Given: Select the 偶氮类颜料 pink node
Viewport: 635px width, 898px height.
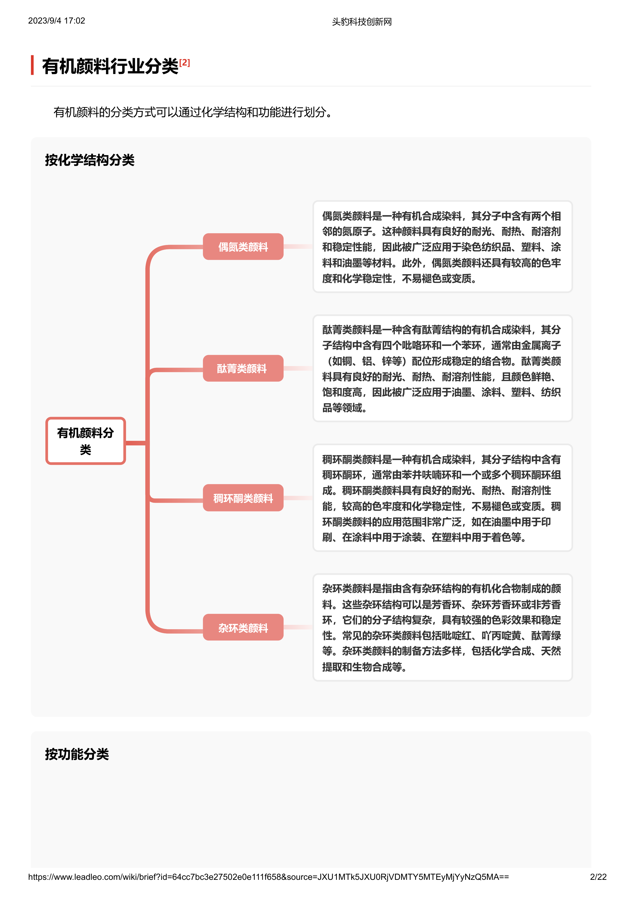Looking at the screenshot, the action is [243, 247].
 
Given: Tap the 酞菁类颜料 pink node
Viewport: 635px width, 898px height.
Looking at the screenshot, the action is [243, 368].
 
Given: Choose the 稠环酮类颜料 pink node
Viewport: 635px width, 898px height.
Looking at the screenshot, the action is [243, 498].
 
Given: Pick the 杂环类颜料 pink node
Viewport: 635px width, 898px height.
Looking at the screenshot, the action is [243, 627].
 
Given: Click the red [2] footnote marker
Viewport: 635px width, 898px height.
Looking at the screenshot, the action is [185, 62].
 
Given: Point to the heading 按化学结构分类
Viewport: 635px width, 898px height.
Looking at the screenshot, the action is [90, 160].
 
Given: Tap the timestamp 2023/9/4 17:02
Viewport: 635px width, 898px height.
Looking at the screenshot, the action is [57, 21].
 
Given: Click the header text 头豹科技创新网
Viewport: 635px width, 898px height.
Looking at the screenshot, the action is [362, 22].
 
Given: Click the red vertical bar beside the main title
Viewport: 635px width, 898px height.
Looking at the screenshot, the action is [33, 65].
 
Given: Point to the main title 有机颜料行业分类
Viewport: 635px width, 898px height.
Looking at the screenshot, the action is [110, 66].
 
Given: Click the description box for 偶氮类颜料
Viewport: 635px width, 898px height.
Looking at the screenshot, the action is [443, 247].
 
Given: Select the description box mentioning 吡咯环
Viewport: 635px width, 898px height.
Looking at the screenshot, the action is [443, 368].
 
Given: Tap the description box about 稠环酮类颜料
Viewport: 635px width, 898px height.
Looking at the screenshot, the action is [443, 498].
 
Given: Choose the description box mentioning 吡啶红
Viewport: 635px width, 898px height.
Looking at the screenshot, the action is [443, 627].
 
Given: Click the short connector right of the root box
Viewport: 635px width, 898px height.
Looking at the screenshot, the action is [136, 443].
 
